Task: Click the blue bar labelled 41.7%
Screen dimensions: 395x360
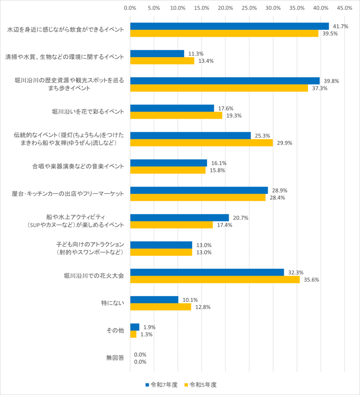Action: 229,26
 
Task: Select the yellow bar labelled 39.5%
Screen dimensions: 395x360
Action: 224,33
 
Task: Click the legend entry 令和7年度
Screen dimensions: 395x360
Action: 162,385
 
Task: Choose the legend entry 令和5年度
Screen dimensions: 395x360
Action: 202,385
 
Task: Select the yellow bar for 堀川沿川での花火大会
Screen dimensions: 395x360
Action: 215,279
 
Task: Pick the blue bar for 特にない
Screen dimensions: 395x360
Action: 154,300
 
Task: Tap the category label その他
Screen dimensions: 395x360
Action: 115,331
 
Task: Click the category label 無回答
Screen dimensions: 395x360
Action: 115,358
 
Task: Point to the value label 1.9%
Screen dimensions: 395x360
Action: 149,327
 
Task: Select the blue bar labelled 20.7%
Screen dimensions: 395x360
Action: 179,218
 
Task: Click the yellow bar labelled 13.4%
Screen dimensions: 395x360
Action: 162,61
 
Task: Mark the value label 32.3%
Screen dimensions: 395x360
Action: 296,272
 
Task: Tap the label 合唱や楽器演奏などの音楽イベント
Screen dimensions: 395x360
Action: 78,166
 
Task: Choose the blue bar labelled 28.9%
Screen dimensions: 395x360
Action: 199,190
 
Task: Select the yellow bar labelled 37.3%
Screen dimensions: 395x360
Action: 219,88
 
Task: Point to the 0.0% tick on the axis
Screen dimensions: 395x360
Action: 130,8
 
